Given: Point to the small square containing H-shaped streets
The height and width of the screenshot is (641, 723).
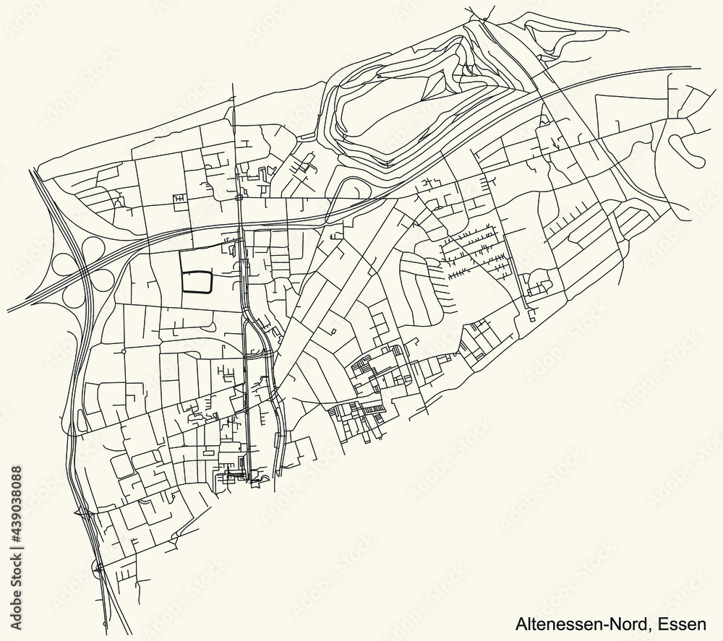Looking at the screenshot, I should coord(178,199).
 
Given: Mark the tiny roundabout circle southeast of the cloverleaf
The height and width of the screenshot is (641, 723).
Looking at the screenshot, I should coord(124,351).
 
